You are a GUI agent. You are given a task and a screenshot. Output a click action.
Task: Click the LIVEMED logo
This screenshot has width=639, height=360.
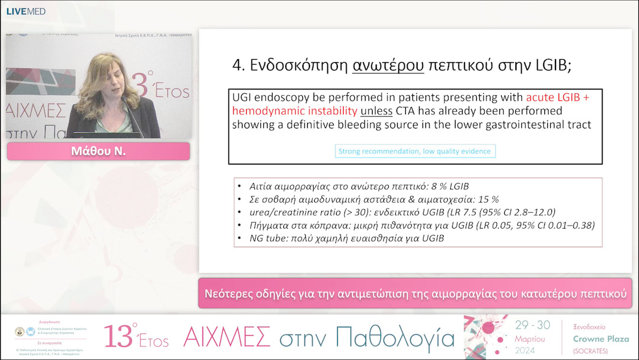(25, 11)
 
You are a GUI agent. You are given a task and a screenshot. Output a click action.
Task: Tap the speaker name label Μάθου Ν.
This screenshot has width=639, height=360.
(98, 152)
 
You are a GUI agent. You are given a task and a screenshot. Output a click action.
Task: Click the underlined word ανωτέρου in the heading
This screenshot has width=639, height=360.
(388, 65)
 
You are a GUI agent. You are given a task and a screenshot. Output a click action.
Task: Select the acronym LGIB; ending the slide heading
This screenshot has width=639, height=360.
(550, 65)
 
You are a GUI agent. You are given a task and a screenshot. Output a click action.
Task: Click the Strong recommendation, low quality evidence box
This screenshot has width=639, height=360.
(414, 151)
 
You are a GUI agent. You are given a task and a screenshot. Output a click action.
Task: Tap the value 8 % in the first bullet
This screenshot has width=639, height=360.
(430, 185)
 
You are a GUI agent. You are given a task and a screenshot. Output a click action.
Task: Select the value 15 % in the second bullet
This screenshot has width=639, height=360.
(488, 199)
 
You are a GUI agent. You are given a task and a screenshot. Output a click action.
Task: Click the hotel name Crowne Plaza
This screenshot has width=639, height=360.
(601, 339)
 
